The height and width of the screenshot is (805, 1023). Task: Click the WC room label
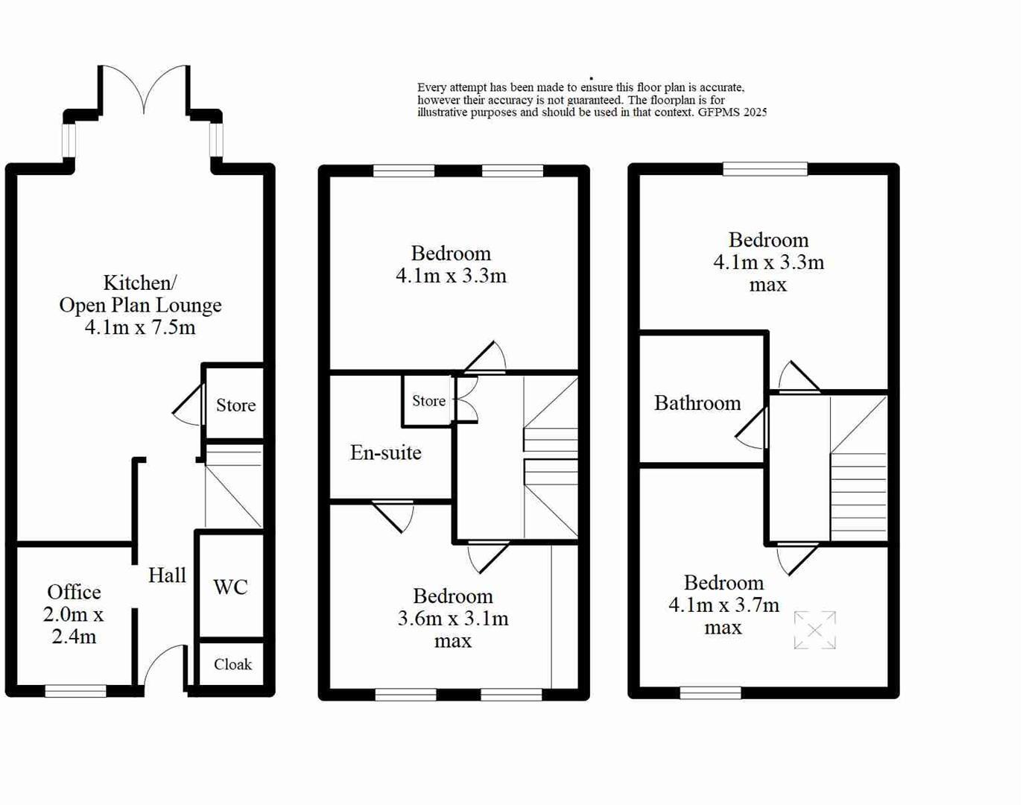click(x=230, y=587)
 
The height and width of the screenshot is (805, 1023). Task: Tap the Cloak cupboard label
click(x=232, y=664)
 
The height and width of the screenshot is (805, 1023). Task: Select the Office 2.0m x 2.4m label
click(x=73, y=614)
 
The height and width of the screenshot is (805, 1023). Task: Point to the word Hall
click(x=167, y=575)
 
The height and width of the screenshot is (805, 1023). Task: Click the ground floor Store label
click(x=235, y=405)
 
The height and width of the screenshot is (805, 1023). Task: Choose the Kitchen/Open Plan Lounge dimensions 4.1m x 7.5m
click(x=140, y=327)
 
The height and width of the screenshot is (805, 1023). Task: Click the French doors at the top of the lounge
click(x=144, y=89)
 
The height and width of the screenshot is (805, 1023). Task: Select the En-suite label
click(x=386, y=452)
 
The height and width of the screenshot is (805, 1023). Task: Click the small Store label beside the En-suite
click(x=428, y=401)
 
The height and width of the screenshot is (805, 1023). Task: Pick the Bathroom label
click(x=697, y=403)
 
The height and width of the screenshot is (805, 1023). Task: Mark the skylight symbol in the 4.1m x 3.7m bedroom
click(x=814, y=631)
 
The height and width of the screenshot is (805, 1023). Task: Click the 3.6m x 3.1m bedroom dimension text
click(x=453, y=619)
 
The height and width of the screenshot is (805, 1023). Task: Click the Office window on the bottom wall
click(x=75, y=691)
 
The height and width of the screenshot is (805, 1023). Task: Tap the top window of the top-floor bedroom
click(x=765, y=169)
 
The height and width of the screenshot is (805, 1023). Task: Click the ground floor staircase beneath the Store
click(x=234, y=487)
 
